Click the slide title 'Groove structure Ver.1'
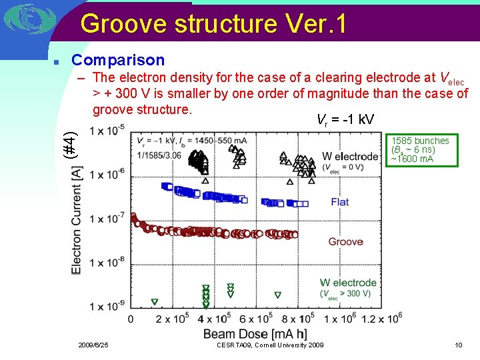(213, 24)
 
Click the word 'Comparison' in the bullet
(118, 61)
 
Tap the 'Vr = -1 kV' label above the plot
(345, 120)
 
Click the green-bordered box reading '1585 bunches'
(420, 150)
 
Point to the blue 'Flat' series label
(339, 202)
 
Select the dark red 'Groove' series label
(345, 241)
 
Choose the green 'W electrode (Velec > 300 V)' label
(347, 289)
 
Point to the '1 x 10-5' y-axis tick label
(107, 129)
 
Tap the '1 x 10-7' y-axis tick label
(107, 219)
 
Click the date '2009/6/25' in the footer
(93, 345)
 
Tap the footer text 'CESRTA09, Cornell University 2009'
(270, 345)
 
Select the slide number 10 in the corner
(458, 345)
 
